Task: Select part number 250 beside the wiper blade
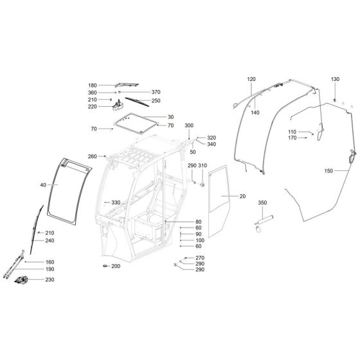pyautogui.click(x=156, y=100)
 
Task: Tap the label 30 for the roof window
pyautogui.click(x=153, y=116)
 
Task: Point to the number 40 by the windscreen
pyautogui.click(x=43, y=185)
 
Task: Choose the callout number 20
pyautogui.click(x=242, y=197)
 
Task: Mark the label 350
pyautogui.click(x=262, y=203)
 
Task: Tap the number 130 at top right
pyautogui.click(x=334, y=79)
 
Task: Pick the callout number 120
pyautogui.click(x=251, y=79)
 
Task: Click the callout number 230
pyautogui.click(x=50, y=280)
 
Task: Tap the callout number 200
pyautogui.click(x=116, y=266)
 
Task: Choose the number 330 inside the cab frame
pyautogui.click(x=116, y=203)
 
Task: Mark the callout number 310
pyautogui.click(x=203, y=166)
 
